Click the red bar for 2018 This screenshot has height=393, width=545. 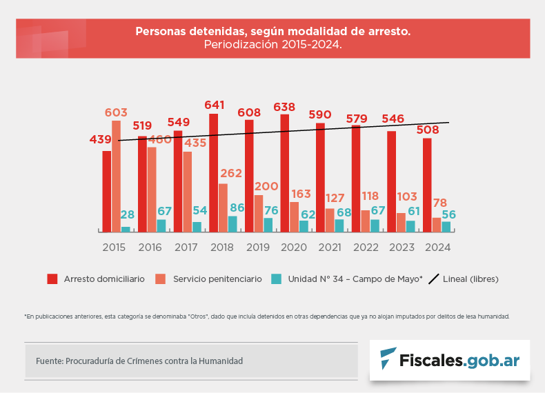[x=214, y=172]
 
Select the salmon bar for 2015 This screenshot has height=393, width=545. [x=116, y=177]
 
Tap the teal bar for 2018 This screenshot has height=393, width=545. [x=232, y=224]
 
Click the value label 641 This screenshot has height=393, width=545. [x=215, y=105]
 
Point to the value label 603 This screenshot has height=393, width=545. [x=116, y=112]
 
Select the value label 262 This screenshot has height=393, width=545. [x=231, y=173]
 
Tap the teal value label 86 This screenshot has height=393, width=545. [x=237, y=207]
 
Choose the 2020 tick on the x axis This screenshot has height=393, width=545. [x=294, y=246]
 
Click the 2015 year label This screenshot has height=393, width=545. [x=115, y=246]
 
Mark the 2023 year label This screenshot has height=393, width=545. [x=402, y=246]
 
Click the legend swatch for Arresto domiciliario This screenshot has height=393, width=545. [x=52, y=279]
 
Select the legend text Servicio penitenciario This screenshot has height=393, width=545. [x=217, y=279]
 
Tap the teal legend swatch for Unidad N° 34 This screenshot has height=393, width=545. [x=276, y=279]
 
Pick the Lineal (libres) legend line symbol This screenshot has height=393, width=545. [x=434, y=279]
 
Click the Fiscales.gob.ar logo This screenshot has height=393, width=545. [x=450, y=360]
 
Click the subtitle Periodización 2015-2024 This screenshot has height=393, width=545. [x=272, y=44]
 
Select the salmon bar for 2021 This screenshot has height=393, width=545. [x=329, y=220]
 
